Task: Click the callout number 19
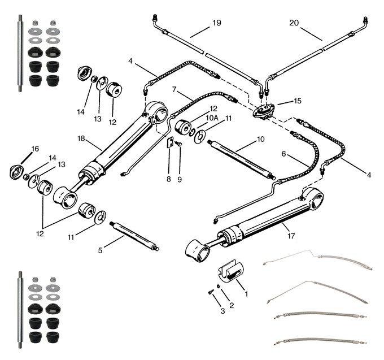tap(217, 23)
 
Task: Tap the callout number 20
tap(294, 23)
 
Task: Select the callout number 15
tap(298, 101)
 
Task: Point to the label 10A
tap(212, 118)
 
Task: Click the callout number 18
tap(81, 138)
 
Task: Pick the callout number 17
tap(291, 236)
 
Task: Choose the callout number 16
tap(35, 149)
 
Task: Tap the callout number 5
tap(100, 250)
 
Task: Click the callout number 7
tap(174, 90)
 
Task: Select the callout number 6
tap(283, 154)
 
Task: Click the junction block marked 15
tap(264, 112)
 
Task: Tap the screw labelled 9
tap(178, 144)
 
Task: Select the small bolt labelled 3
tap(211, 292)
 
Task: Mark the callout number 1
tap(246, 293)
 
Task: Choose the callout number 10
tap(261, 139)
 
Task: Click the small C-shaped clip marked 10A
tap(192, 131)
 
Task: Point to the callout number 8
tap(169, 179)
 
